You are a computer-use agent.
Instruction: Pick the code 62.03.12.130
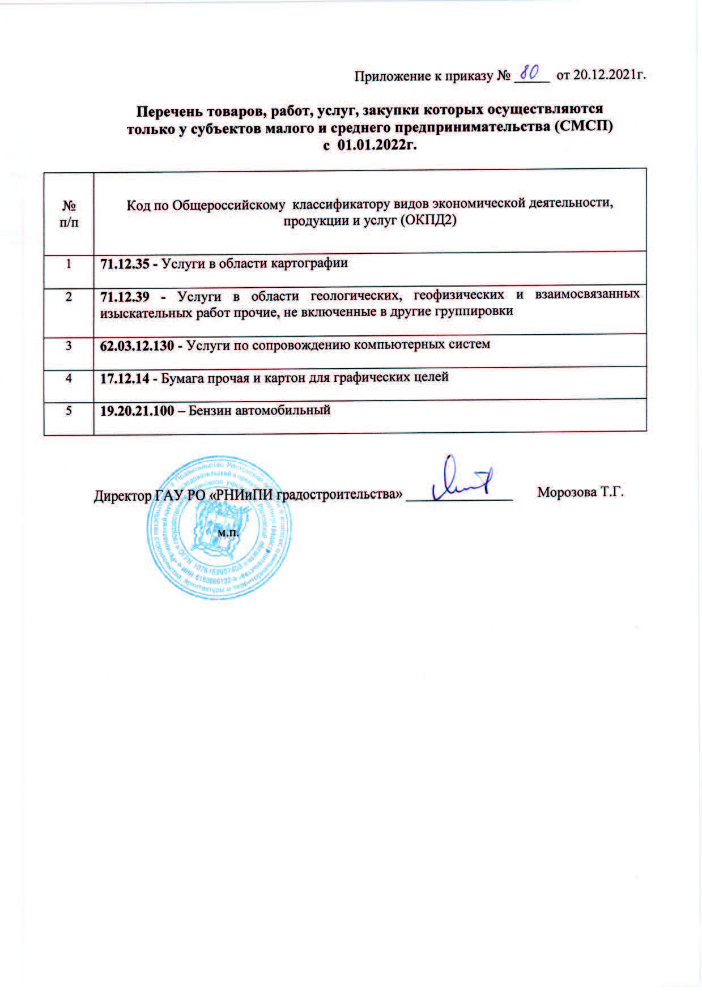coord(137,345)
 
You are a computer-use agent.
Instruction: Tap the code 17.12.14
coord(124,377)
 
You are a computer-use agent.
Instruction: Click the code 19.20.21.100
coord(137,410)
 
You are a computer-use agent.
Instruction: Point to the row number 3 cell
coord(69,345)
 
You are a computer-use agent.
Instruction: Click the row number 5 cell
coord(69,410)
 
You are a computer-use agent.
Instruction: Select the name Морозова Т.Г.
coord(580,492)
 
